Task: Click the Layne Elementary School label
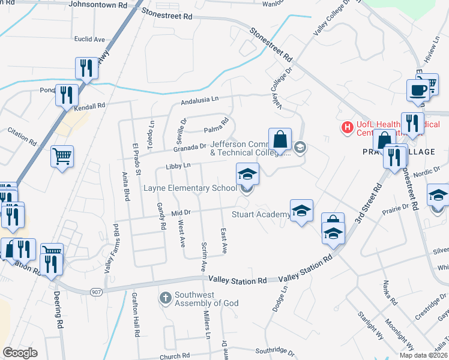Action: click(190, 188)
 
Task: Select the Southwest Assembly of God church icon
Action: click(166, 296)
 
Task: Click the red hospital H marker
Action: click(346, 127)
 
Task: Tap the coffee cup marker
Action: click(419, 91)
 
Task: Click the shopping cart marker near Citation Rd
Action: click(62, 157)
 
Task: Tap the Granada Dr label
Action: click(190, 147)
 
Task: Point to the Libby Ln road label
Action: click(178, 166)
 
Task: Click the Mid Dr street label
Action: click(181, 212)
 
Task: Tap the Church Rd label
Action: click(175, 356)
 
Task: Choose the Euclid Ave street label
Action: click(89, 39)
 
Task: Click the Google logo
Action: click(20, 353)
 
